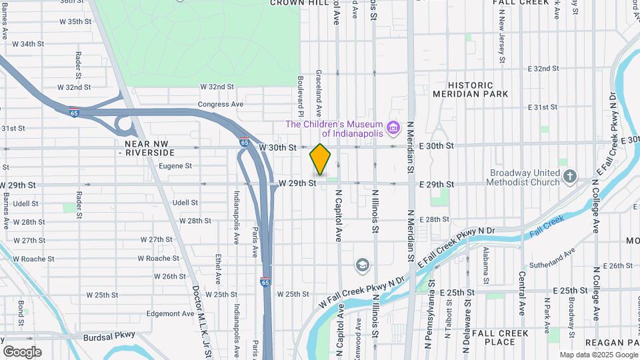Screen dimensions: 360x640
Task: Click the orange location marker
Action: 321,159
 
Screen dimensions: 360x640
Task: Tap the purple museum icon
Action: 393,126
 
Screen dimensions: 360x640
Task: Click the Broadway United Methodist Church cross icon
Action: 569,177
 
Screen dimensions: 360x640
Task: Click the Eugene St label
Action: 176,166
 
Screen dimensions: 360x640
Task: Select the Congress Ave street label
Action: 221,105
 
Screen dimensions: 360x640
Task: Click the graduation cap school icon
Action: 363,265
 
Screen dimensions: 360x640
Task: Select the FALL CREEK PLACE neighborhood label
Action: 500,337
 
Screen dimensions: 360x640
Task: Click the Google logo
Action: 22,352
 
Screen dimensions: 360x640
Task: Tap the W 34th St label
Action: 27,44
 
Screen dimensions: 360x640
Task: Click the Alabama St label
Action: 486,261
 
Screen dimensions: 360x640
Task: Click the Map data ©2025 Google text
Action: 599,355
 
